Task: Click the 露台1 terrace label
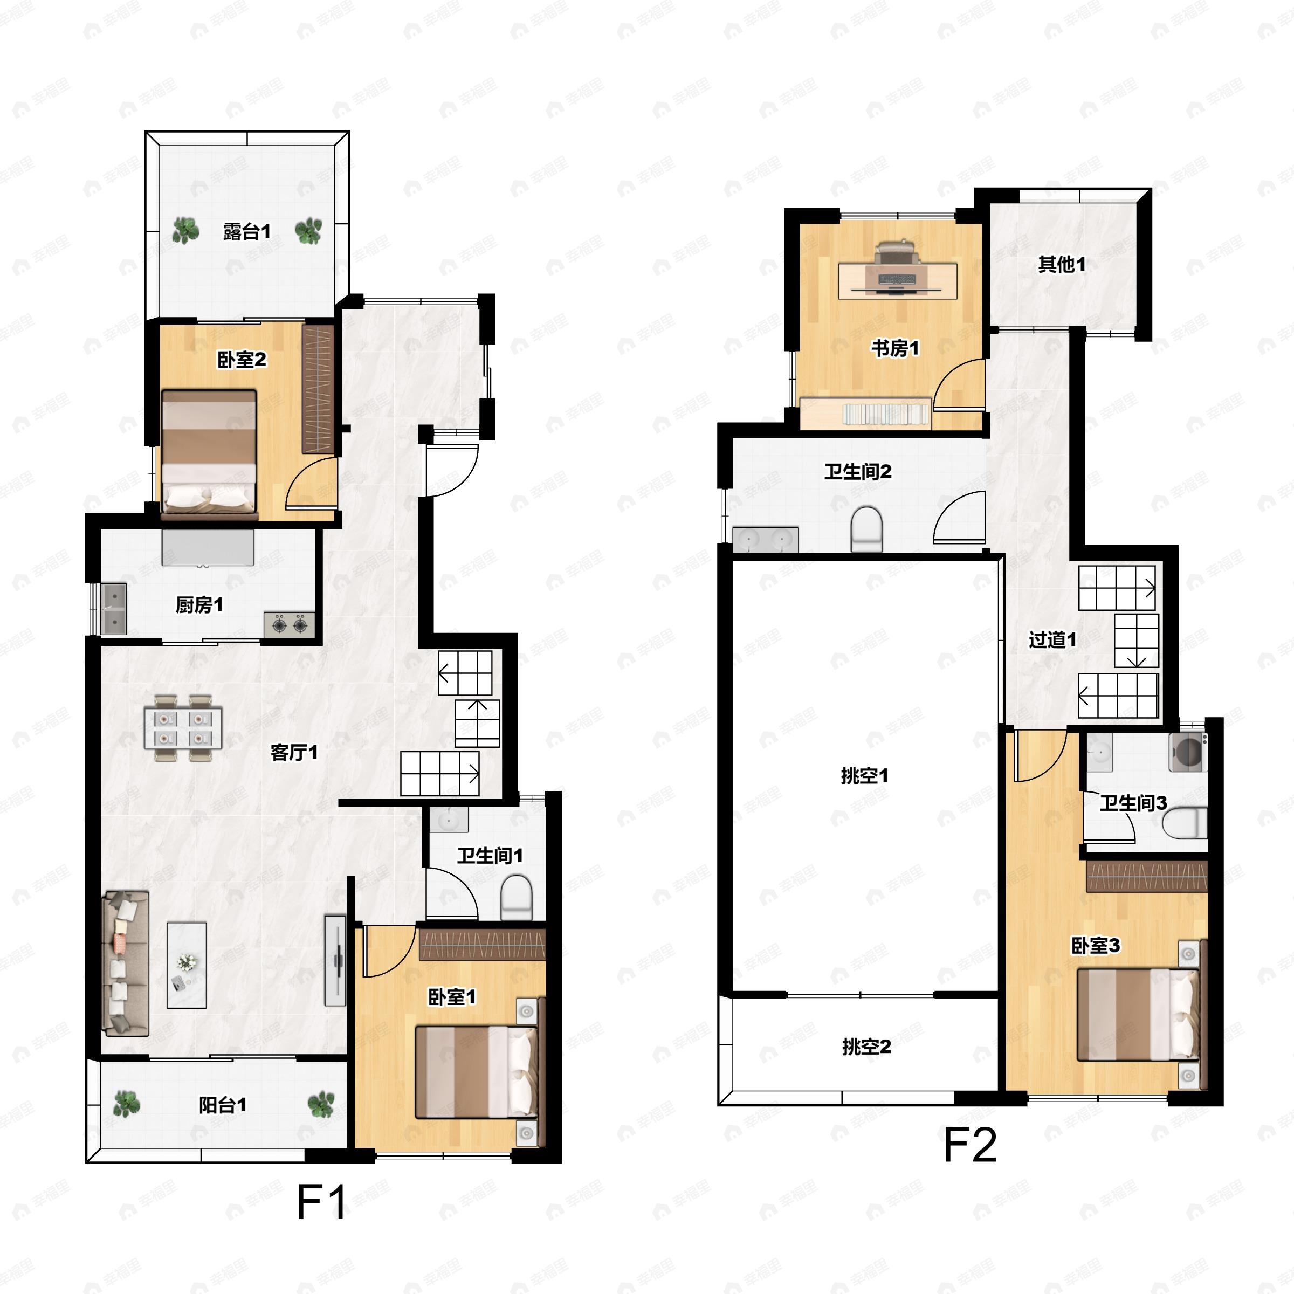(x=246, y=232)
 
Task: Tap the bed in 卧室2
(x=209, y=454)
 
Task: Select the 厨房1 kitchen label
(x=199, y=605)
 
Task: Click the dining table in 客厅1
(x=183, y=728)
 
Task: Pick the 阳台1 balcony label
(x=223, y=1104)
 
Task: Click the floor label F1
(x=321, y=1202)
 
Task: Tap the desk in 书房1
(x=898, y=280)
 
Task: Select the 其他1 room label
(x=1062, y=265)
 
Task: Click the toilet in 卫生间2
(x=866, y=529)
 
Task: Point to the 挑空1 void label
(x=865, y=776)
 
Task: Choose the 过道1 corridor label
(x=1052, y=639)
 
